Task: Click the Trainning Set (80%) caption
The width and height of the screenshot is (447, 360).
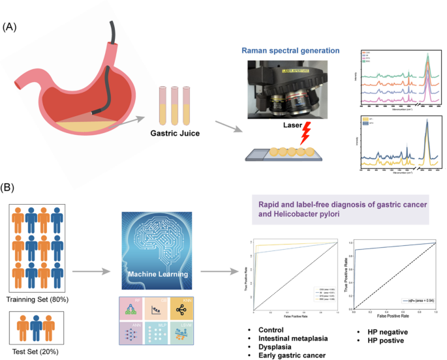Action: point(38,299)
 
